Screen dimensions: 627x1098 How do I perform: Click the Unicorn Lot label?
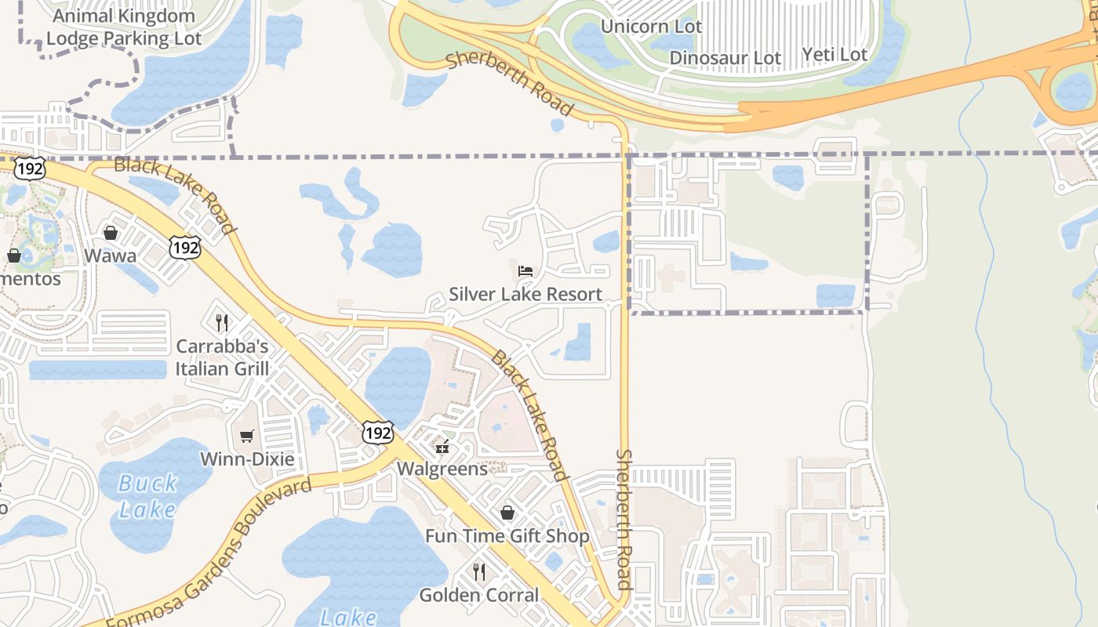click(x=651, y=27)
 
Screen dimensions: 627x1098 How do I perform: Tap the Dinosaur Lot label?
click(x=725, y=58)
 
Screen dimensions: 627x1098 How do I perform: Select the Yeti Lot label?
click(x=834, y=55)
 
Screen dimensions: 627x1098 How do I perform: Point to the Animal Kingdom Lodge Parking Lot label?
click(x=124, y=27)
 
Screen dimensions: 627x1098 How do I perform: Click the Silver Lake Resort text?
click(x=525, y=295)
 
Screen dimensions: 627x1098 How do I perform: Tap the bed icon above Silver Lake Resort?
click(x=525, y=271)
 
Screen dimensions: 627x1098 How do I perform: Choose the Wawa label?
click(x=110, y=256)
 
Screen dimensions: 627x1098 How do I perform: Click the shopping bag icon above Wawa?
click(x=111, y=233)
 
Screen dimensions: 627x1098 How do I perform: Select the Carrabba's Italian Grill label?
click(x=222, y=357)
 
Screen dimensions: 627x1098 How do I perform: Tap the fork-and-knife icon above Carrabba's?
click(x=222, y=322)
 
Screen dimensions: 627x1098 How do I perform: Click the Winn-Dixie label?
click(x=247, y=459)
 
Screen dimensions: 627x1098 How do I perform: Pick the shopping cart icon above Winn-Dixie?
click(x=247, y=437)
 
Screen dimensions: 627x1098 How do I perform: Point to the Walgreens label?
click(x=443, y=469)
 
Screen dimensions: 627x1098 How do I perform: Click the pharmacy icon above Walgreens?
click(x=443, y=447)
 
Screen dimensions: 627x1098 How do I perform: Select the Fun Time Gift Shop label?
click(x=507, y=536)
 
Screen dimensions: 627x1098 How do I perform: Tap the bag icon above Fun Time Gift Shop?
click(x=507, y=513)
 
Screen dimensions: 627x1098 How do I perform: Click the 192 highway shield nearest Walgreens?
click(x=377, y=433)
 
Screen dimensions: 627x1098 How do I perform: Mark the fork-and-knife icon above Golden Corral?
click(x=479, y=571)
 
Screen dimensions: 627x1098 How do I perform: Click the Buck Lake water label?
click(x=148, y=496)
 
